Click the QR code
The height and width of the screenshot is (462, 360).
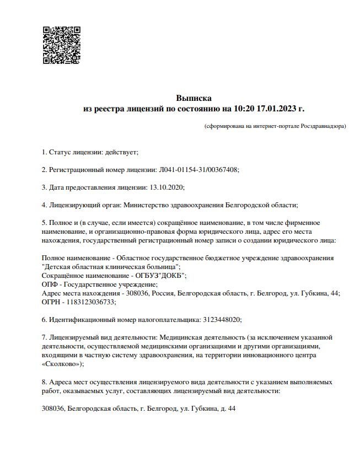pyautogui.click(x=62, y=45)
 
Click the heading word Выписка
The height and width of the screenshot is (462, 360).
pyautogui.click(x=193, y=98)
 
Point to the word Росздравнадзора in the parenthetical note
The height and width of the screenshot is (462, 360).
pyautogui.click(x=323, y=126)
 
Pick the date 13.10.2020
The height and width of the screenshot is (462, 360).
pyautogui.click(x=166, y=187)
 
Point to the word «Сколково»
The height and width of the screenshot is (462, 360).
pyautogui.click(x=61, y=364)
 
